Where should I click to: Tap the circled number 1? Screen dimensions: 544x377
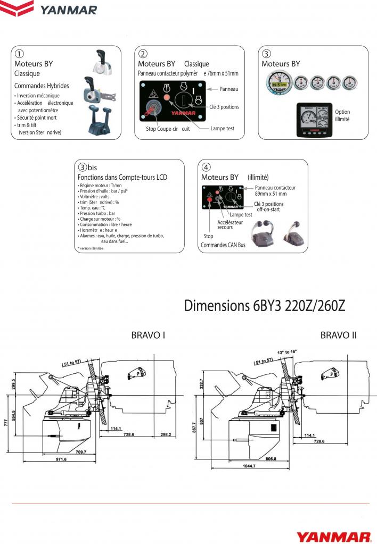pos(19,54)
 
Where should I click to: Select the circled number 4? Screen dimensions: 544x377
pos(206,168)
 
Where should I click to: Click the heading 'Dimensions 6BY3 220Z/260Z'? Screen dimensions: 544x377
pos(265,306)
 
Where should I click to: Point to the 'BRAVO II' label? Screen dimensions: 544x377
pos(338,336)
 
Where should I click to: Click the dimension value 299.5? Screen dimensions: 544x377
pos(15,384)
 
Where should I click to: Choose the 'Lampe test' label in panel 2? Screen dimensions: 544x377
pos(223,129)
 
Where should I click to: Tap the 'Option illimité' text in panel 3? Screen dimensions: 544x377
pos(342,115)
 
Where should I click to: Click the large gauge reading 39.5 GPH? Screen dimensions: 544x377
pos(277,83)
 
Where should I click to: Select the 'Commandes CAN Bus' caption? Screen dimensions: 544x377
pos(223,245)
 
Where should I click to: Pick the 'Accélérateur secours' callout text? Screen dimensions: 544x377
pos(230,224)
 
